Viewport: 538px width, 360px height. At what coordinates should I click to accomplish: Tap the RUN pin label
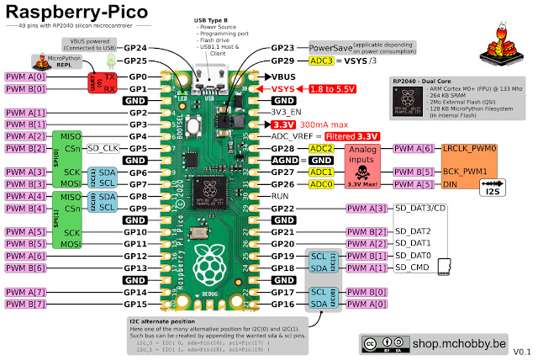(282, 195)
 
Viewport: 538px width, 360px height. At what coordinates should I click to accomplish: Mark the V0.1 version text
(523, 351)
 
